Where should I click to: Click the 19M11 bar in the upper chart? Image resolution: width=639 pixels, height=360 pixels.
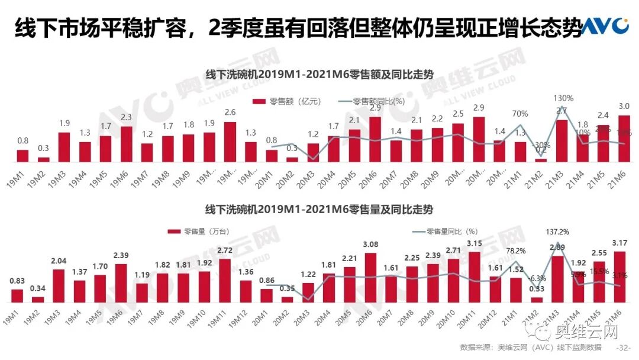click(230, 142)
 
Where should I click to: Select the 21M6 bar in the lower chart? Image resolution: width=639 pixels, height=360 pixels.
click(622, 277)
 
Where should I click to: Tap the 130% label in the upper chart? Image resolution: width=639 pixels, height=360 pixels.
click(563, 98)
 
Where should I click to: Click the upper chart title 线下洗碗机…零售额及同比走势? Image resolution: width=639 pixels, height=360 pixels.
click(319, 75)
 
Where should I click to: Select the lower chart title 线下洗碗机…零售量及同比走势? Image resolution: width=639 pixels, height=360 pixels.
click(319, 210)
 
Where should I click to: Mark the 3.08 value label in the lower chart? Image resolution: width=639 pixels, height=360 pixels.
click(370, 243)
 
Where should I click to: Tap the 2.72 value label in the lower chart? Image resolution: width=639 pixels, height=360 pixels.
click(224, 250)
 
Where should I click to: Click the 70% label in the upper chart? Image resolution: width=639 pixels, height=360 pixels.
click(521, 114)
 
